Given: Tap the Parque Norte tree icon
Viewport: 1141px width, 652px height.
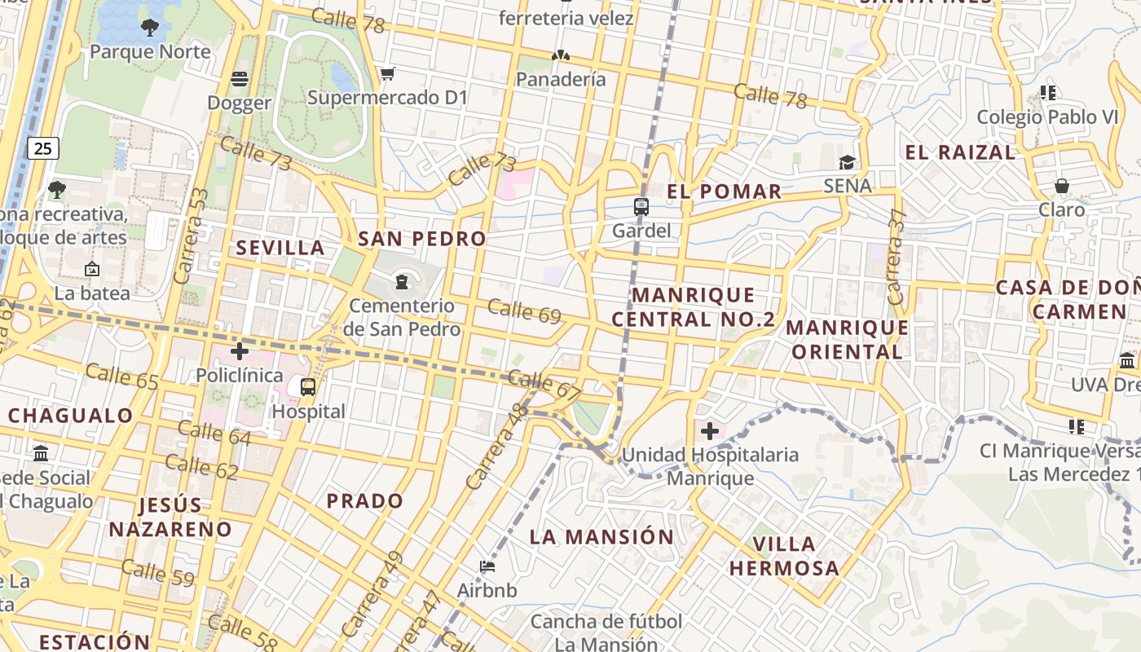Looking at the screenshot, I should point(149,29).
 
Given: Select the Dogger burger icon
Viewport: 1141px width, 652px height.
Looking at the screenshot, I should point(239,79).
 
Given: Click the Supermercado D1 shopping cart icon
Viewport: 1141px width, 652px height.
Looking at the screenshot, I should point(387,74).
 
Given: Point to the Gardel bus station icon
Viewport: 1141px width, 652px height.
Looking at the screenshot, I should point(641,207).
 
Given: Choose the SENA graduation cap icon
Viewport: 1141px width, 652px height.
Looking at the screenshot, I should point(848,163).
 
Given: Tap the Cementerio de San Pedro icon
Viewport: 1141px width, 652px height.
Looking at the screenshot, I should point(401,282).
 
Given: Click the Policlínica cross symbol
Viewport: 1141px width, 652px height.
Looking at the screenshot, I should point(240,351).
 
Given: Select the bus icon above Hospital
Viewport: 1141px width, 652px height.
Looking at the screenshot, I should point(308,387).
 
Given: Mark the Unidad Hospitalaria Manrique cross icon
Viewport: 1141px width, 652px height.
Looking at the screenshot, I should point(709,430).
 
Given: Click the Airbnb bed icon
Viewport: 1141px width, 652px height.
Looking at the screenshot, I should point(487,566).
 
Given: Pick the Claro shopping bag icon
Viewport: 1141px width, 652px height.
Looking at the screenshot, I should point(1061,186).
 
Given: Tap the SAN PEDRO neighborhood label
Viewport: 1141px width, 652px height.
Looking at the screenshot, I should point(421,239).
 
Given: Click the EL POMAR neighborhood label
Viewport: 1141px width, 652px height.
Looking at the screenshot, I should point(724,192).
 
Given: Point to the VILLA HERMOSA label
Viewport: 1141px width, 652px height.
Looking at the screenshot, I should point(784,556).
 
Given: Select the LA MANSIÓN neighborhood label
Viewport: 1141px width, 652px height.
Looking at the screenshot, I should point(601,537).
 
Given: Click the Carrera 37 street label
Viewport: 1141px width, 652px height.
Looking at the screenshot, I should point(896,257).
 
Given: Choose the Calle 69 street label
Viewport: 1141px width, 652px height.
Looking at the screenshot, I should point(524,311).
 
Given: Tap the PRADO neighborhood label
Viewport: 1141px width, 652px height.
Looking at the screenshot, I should point(364,500).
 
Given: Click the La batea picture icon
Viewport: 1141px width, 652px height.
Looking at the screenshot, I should point(92,268).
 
